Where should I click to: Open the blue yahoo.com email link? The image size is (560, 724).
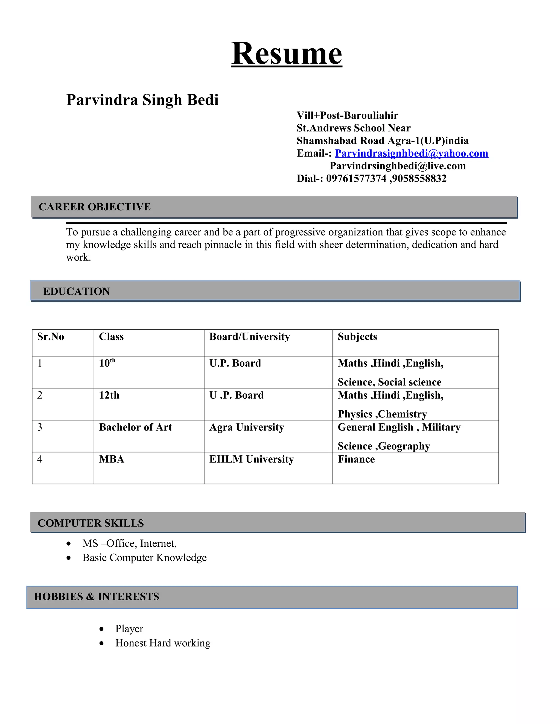[x=411, y=153]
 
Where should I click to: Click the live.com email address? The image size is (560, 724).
[x=397, y=166]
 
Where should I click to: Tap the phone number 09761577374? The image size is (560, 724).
[x=356, y=178]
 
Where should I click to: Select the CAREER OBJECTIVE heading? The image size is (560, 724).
[x=95, y=207]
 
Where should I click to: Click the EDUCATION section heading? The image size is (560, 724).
[x=76, y=292]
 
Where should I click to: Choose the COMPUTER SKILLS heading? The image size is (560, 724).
[x=91, y=523]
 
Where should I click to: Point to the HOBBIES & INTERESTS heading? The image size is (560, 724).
[x=97, y=596]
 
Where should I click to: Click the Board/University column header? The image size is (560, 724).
[x=249, y=337]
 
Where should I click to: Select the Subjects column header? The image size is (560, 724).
[x=357, y=337]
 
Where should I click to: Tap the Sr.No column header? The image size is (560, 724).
[x=50, y=337]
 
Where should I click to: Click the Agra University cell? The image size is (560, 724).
[x=246, y=427]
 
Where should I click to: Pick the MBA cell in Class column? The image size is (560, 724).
[x=112, y=459]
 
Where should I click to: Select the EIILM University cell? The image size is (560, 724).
[x=252, y=459]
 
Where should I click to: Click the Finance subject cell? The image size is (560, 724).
[x=356, y=459]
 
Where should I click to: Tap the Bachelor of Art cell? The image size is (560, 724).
[x=135, y=427]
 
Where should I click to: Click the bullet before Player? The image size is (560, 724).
[x=101, y=629]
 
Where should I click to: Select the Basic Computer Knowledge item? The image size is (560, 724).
[x=144, y=558]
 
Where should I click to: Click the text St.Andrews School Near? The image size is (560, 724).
[x=353, y=128]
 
